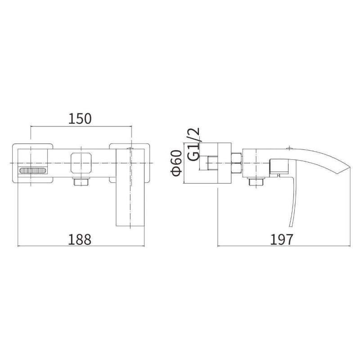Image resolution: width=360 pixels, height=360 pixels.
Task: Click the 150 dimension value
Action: click(80, 118)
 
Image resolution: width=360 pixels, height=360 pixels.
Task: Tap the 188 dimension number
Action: click(80, 239)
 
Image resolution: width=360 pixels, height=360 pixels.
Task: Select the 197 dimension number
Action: click(282, 239)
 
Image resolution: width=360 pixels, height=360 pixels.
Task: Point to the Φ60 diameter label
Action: click(176, 163)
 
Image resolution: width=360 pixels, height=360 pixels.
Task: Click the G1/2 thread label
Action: click(193, 144)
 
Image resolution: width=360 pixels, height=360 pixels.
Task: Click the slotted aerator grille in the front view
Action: click(32, 171)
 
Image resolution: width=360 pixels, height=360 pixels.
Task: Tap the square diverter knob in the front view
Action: click(81, 163)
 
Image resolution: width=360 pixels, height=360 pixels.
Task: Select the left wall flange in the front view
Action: click(32, 163)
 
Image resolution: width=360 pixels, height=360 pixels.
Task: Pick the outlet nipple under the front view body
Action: click(81, 181)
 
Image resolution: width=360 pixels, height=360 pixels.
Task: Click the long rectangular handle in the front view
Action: click(130, 187)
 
